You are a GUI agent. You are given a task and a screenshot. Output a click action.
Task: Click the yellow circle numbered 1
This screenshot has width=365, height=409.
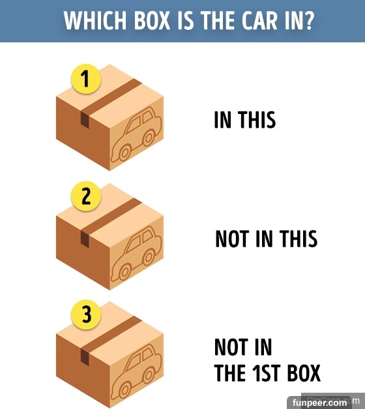[x=86, y=79]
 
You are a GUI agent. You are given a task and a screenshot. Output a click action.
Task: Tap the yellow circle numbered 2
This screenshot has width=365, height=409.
[x=86, y=196]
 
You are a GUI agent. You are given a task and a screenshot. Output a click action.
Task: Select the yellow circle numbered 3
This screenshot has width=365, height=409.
[x=86, y=315]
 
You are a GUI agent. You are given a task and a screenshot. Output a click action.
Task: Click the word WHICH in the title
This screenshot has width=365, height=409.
[x=95, y=20]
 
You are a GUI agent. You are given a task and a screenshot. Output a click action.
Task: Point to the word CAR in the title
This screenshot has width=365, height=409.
[x=259, y=20]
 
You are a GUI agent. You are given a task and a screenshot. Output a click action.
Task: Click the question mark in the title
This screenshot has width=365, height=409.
[x=308, y=20]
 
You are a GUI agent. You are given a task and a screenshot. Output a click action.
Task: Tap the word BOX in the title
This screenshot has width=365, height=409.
[x=153, y=20]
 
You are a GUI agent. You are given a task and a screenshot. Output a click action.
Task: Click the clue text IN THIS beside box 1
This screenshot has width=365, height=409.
[x=245, y=120]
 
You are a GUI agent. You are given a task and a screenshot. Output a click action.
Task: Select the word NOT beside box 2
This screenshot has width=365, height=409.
[x=231, y=238]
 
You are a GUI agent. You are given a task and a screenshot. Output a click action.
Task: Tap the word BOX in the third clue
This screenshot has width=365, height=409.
[x=304, y=373]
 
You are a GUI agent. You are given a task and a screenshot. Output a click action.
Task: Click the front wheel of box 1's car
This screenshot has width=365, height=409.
[x=124, y=152]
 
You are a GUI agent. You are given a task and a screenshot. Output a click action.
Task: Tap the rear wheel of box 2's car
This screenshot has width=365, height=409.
[x=149, y=257]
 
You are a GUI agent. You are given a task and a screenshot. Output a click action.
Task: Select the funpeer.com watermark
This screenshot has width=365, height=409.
[x=319, y=402]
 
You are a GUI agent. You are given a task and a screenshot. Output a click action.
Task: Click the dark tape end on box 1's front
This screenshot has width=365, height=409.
[x=85, y=120]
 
